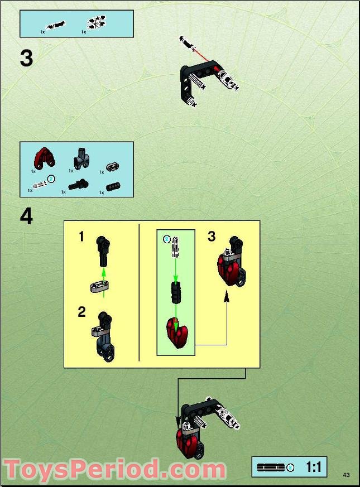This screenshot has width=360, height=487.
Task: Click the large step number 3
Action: [x=26, y=58]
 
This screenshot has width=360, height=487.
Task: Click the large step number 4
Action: [x=26, y=216]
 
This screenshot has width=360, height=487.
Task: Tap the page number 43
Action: [x=346, y=475]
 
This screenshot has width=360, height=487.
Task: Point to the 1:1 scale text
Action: [x=313, y=467]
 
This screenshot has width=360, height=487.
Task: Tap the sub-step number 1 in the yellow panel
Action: [x=81, y=237]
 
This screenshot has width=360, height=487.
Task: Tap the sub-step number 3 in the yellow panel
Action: [x=212, y=237]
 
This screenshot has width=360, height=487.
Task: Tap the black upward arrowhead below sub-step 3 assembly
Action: [x=227, y=298]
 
